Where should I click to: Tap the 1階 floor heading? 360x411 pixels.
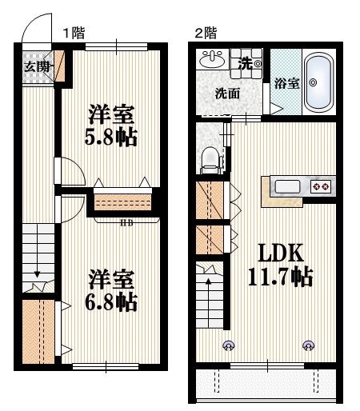pos(74,33)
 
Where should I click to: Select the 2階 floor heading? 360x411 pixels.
pos(205,33)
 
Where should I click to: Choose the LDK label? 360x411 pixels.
pos(279,253)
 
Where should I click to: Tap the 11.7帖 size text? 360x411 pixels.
pos(279,278)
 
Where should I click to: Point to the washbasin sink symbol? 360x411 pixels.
pos(213,61)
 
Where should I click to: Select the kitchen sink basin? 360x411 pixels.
pos(286,187)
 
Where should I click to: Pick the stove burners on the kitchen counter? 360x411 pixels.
pos(321,187)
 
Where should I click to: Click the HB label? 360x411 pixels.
pos(126,223)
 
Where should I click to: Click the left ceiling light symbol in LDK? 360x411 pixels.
pos(230,345)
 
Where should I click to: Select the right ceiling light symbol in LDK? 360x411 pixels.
pos(308,345)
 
